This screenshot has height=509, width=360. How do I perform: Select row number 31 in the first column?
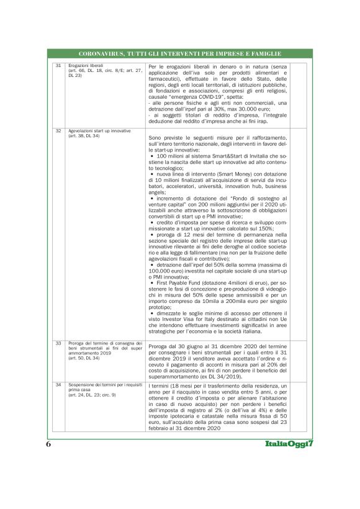(58, 65)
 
